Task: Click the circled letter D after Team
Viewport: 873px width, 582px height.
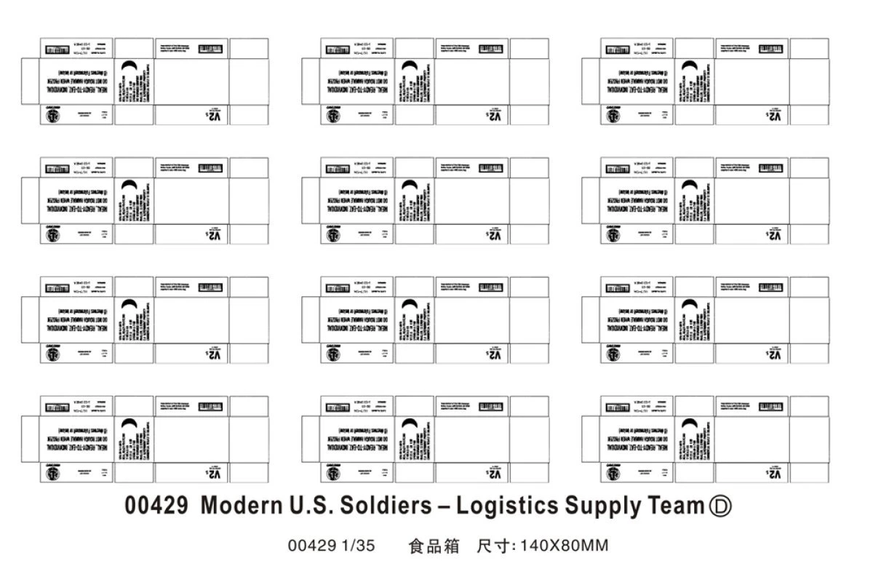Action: pos(719,506)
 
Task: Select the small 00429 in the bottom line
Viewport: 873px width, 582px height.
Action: pos(313,546)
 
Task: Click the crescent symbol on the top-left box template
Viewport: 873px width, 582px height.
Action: pos(129,67)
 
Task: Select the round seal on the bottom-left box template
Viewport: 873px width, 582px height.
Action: pos(53,475)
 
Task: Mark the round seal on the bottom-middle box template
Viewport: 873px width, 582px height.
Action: pos(333,475)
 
